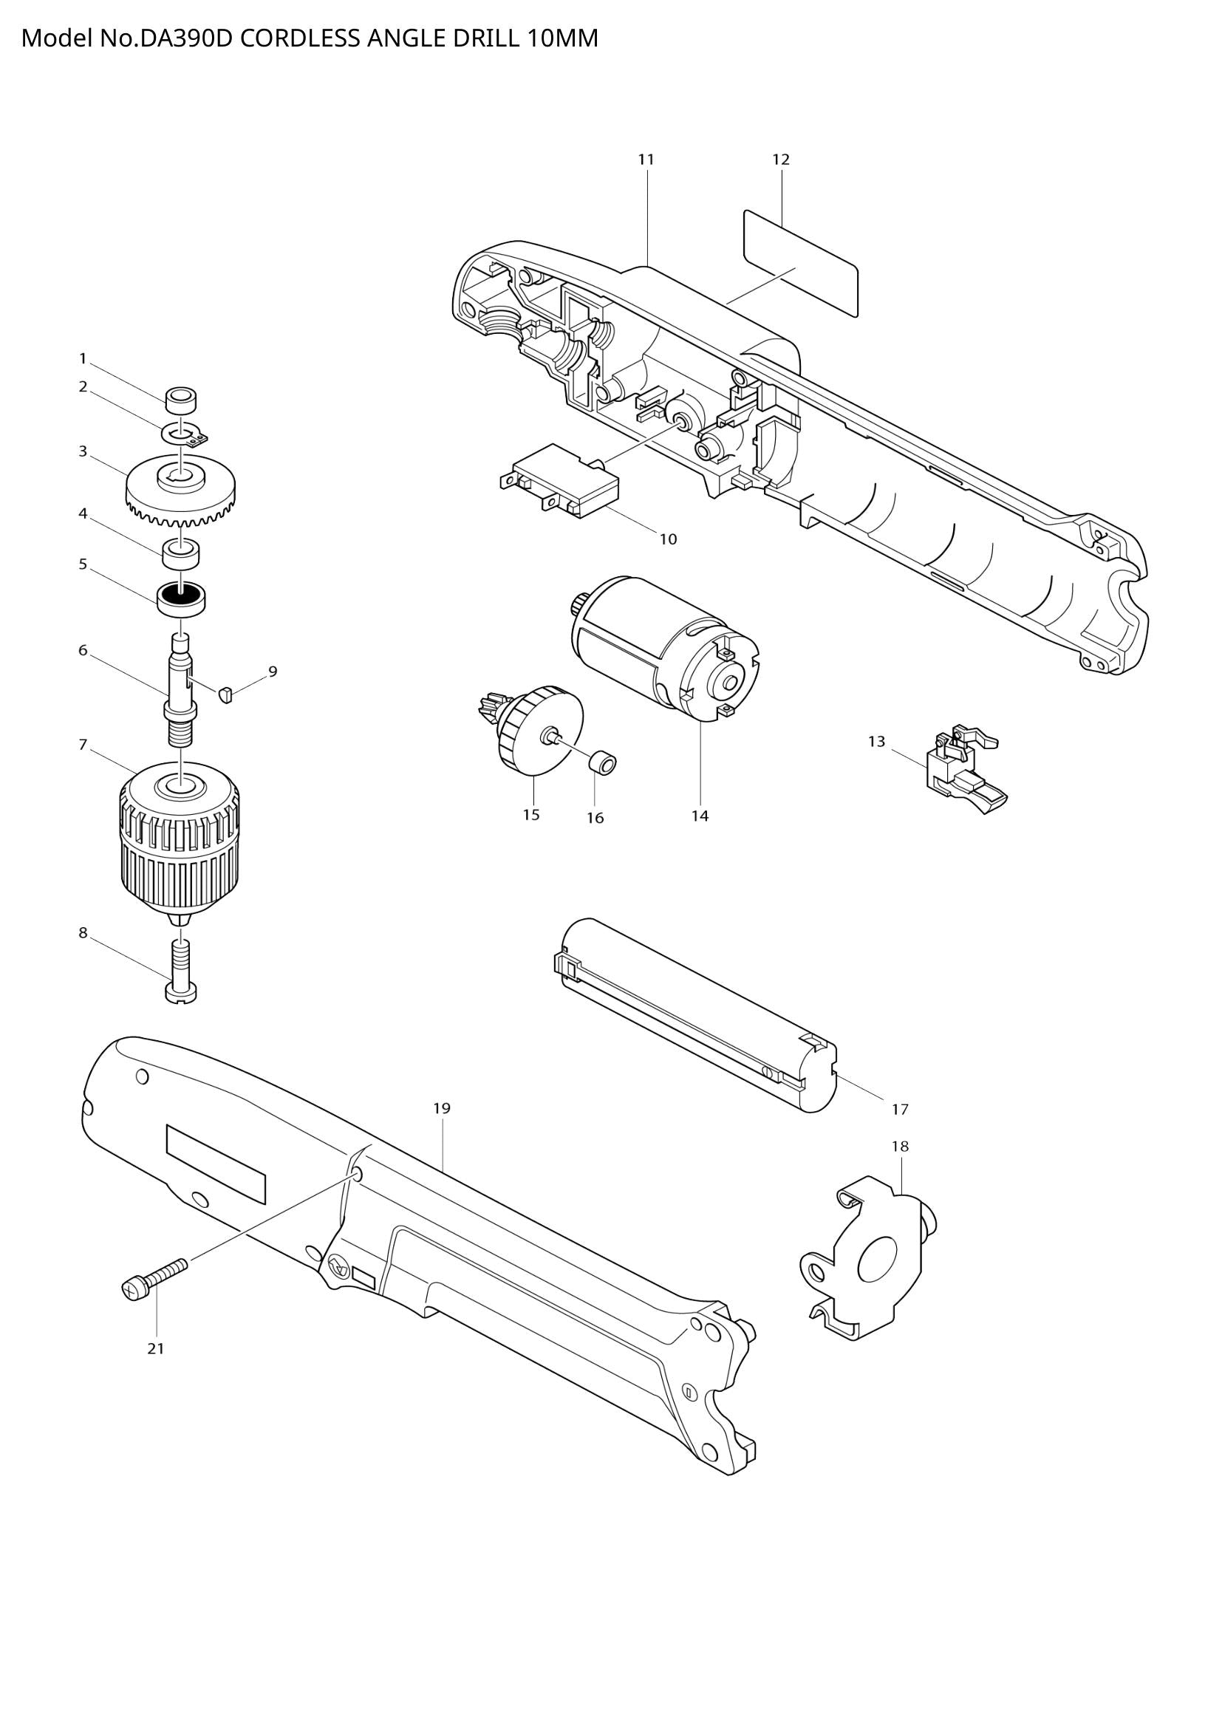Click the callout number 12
pyautogui.click(x=781, y=160)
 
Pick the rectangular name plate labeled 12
pyautogui.click(x=801, y=264)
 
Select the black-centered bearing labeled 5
pyautogui.click(x=181, y=598)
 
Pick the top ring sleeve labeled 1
pyautogui.click(x=180, y=400)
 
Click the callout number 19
pyautogui.click(x=442, y=1109)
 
